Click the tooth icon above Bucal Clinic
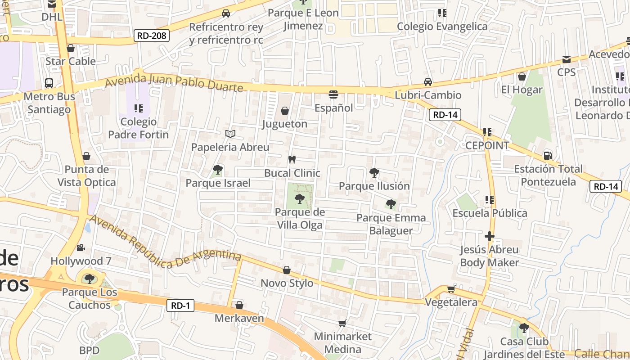point(292,159)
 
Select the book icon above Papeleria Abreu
point(230,134)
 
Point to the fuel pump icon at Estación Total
point(548,156)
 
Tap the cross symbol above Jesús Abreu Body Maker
point(490,236)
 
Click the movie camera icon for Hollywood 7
point(81,247)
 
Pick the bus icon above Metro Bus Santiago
point(49,83)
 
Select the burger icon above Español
point(333,94)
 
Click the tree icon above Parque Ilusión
point(374,172)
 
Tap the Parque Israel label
point(218,183)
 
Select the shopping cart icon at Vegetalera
point(451,289)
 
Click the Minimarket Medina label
point(343,343)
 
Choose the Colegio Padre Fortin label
point(139,128)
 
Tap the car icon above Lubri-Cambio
point(428,82)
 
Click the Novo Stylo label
point(287,283)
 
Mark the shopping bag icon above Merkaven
point(239,305)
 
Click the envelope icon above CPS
point(566,59)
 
